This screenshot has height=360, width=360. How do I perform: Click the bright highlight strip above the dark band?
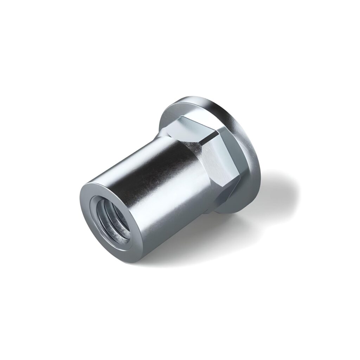click(141, 151)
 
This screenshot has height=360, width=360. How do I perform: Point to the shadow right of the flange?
click(278, 186)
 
